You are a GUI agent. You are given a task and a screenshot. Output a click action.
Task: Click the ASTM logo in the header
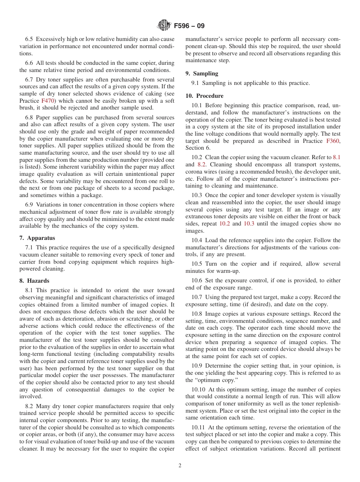pyautogui.click(x=164, y=25)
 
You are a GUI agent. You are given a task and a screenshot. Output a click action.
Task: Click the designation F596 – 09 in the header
pyautogui.click(x=189, y=26)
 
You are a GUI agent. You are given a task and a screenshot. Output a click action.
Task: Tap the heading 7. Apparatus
pyautogui.click(x=37, y=238)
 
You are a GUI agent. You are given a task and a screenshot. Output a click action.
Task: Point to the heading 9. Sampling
pyautogui.click(x=202, y=74)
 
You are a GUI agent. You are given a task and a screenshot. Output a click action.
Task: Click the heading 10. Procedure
pyautogui.click(x=204, y=96)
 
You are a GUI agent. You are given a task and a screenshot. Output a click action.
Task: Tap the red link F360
pyautogui.click(x=333, y=141)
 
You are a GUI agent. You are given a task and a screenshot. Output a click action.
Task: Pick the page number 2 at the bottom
pyautogui.click(x=180, y=466)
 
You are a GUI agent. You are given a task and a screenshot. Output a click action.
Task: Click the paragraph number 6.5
pyautogui.click(x=29, y=39)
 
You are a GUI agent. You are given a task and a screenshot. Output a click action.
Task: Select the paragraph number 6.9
pyautogui.click(x=29, y=205)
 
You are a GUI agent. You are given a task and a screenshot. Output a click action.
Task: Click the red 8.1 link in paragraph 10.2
pyautogui.click(x=337, y=157)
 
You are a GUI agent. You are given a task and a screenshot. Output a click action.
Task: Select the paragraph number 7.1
pyautogui.click(x=29, y=247)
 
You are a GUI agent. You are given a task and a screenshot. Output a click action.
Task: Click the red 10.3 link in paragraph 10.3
pyautogui.click(x=249, y=224)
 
